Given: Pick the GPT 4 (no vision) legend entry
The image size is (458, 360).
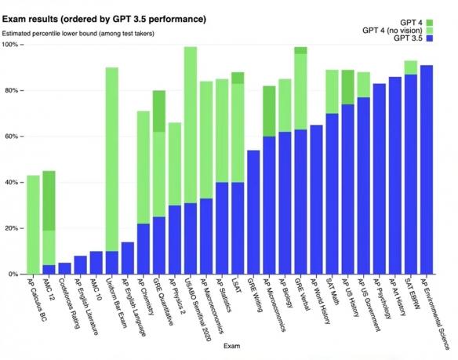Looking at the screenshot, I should [x=396, y=30].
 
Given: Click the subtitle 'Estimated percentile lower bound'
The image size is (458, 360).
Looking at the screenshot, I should [x=78, y=33].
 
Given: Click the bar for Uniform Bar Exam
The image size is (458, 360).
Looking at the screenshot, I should [x=112, y=157].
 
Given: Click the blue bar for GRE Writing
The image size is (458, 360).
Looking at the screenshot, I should [x=253, y=212].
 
